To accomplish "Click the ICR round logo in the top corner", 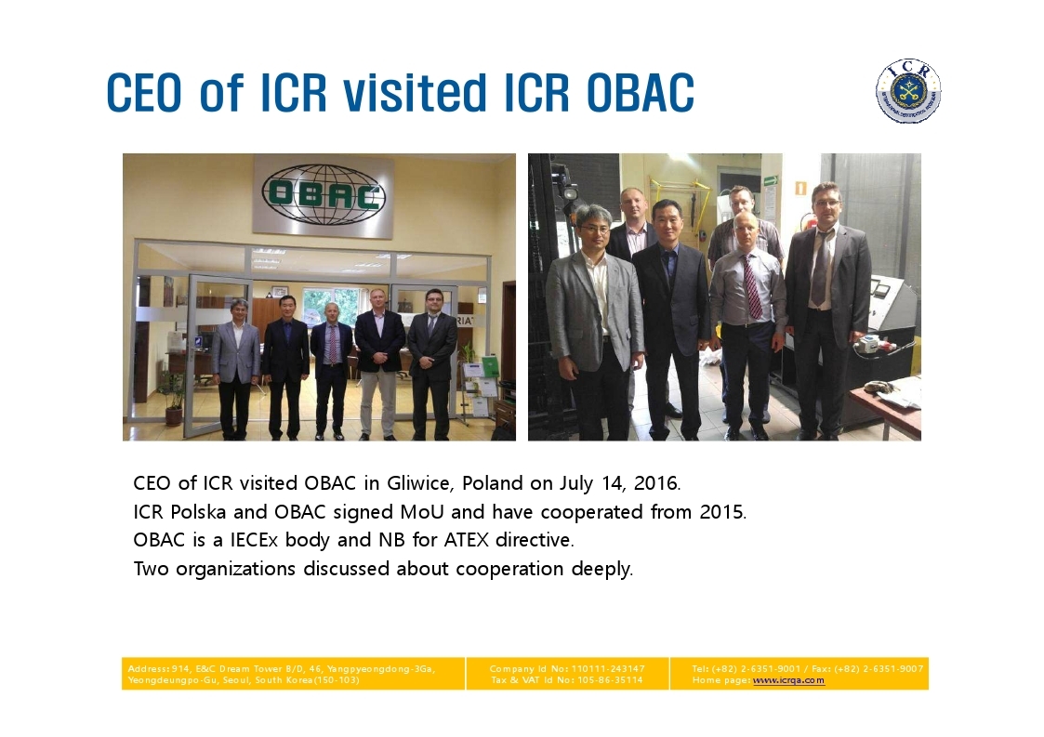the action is click(908, 91).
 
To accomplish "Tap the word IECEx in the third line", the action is click(254, 540).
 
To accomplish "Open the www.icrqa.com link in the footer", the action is click(788, 680).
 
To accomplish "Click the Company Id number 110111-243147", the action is click(608, 668).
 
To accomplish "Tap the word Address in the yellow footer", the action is click(148, 668).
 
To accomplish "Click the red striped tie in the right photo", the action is click(752, 287).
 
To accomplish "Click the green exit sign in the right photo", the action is click(771, 179).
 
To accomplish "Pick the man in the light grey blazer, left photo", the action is click(235, 370).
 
